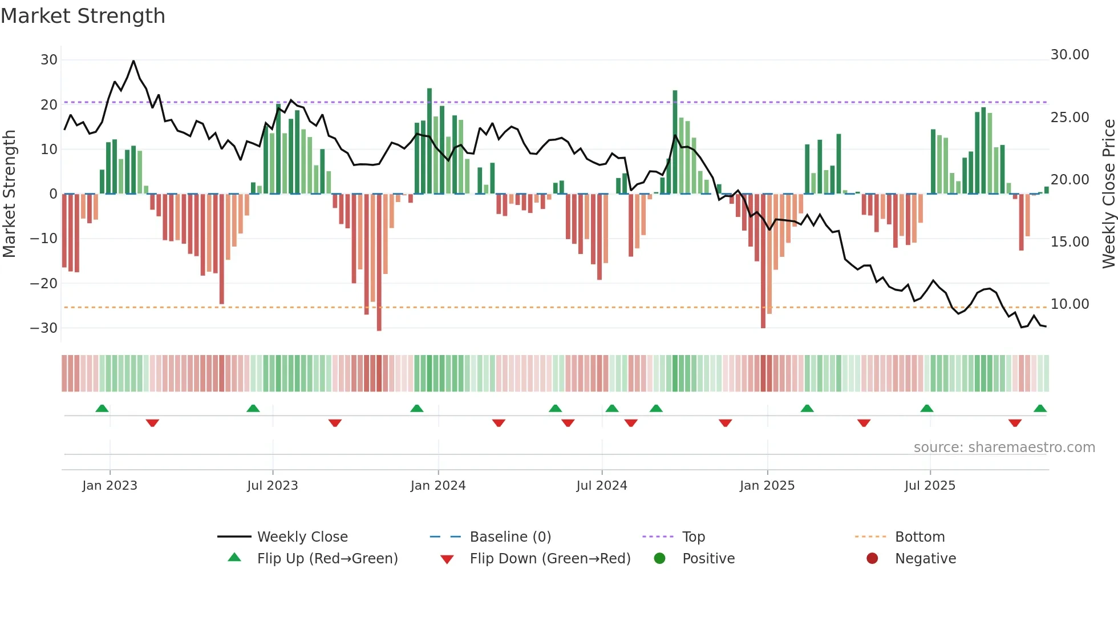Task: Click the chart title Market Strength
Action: [x=83, y=16]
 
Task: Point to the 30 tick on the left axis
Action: [x=49, y=60]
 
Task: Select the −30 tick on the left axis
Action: [x=44, y=328]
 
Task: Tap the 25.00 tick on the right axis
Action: [x=1070, y=118]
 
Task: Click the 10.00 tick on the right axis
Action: [x=1070, y=304]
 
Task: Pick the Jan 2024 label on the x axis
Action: [x=438, y=486]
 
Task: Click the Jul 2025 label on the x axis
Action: [x=929, y=486]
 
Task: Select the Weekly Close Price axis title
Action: [x=1108, y=194]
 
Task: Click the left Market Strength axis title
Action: [x=9, y=194]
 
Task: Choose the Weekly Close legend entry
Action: [x=302, y=537]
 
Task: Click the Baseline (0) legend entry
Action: [x=510, y=537]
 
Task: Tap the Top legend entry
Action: [x=693, y=537]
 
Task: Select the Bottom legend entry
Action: [x=919, y=537]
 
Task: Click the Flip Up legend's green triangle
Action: [x=234, y=558]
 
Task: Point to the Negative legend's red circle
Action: [x=872, y=559]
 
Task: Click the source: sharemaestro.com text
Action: [x=1004, y=447]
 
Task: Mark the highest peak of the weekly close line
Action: [x=133, y=61]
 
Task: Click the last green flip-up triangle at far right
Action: [x=1040, y=409]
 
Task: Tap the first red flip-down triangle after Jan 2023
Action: [x=152, y=423]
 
